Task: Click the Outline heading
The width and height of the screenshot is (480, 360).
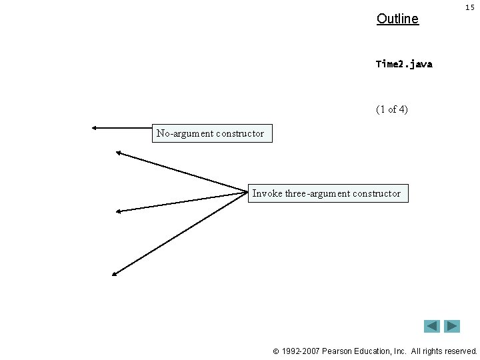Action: click(397, 19)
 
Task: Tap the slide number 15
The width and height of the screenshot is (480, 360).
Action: click(469, 7)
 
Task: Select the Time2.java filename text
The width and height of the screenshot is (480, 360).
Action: click(404, 64)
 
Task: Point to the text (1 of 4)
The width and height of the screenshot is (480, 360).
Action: click(392, 109)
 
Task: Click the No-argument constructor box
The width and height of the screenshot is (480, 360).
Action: click(211, 133)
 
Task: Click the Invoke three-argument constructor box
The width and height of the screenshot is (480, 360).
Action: click(327, 193)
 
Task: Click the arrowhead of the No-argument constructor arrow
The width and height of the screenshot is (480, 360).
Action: click(95, 127)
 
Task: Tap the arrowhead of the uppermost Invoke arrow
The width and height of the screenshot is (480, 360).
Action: click(118, 153)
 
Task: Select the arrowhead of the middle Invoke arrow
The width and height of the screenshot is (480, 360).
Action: click(118, 211)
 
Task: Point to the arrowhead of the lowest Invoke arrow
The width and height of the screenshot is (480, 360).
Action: click(114, 273)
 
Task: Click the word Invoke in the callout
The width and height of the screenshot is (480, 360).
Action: click(267, 193)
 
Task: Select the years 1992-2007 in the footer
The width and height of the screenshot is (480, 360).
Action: click(300, 351)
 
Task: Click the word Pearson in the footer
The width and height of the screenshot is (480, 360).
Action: click(337, 351)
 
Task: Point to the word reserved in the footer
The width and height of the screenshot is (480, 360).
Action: click(459, 351)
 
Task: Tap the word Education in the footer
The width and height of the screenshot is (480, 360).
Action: click(374, 351)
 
